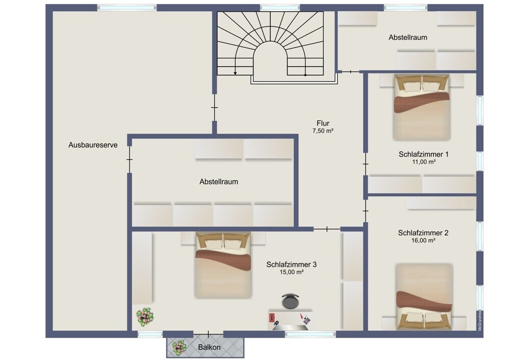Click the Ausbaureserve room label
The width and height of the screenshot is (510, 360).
point(93,145)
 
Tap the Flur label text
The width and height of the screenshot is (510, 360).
point(323,123)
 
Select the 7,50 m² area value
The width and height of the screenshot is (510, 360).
point(323,131)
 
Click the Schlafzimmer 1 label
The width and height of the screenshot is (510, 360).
point(423,154)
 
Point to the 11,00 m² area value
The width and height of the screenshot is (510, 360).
point(424,162)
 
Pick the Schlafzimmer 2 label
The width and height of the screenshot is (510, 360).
point(423,233)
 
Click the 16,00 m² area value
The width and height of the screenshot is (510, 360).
point(423,241)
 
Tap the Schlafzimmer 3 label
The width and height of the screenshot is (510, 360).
point(291,264)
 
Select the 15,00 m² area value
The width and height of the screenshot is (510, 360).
point(292,272)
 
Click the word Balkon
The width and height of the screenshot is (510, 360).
point(209,347)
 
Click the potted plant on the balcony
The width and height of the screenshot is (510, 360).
point(179,347)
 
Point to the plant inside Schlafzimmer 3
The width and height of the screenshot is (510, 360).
point(145,317)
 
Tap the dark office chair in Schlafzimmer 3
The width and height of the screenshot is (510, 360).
point(290,301)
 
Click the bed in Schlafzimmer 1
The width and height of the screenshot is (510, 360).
point(422,108)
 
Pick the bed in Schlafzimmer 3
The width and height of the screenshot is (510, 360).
point(223,265)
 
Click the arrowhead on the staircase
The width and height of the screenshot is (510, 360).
point(235,73)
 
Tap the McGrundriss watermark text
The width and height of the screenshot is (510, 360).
point(480,321)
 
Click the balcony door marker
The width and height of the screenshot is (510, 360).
point(209,333)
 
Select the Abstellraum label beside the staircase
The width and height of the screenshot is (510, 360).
point(408,37)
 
